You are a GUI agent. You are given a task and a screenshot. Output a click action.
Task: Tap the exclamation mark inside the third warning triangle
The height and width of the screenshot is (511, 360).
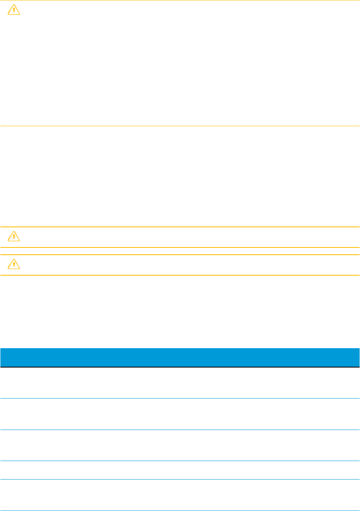coord(14,265)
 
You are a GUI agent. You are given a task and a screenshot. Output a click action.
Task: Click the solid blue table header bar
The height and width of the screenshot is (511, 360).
coord(180,357)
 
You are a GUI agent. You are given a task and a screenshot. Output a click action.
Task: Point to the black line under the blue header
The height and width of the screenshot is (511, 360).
coord(180,367)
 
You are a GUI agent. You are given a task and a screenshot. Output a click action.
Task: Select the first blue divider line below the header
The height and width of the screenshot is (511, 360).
coord(180,399)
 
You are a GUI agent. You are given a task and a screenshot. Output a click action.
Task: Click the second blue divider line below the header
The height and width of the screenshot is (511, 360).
coord(180,430)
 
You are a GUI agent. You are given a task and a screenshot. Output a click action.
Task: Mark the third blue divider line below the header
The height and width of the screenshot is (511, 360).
coord(180,461)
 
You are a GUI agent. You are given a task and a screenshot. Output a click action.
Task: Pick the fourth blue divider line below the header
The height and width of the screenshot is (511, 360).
coord(180,479)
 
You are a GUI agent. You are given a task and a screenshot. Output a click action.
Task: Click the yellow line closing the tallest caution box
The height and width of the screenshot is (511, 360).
coord(180,126)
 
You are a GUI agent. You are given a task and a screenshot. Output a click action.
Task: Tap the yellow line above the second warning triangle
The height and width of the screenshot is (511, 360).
coord(180,227)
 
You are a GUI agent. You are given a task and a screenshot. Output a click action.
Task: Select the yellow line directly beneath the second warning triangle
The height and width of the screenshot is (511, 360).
coord(180,247)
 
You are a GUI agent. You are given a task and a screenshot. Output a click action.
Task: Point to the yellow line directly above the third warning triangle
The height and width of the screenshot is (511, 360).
coord(180,255)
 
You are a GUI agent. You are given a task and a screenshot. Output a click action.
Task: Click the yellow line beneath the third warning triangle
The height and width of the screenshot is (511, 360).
coord(180,275)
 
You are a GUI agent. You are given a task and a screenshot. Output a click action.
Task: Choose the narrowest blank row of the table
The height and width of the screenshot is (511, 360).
coord(180,470)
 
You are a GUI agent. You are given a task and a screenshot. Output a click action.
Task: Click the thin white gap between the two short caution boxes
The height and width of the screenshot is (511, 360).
coord(180,251)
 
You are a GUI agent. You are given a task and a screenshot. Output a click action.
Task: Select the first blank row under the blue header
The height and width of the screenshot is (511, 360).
coord(180,383)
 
